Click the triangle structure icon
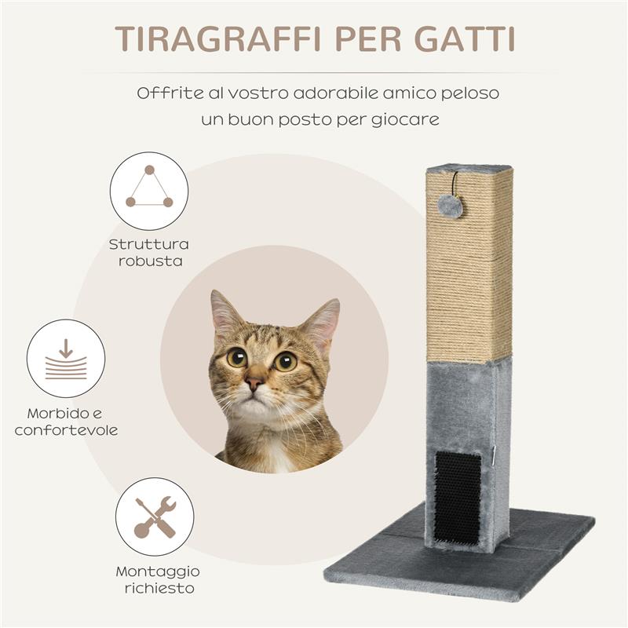[149, 190]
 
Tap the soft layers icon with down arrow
[66, 358]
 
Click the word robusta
[150, 261]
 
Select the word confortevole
[66, 430]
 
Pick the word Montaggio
[158, 571]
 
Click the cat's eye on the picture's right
[285, 361]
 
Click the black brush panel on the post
[457, 496]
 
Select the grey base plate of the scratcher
[542, 549]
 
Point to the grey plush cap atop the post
[469, 168]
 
